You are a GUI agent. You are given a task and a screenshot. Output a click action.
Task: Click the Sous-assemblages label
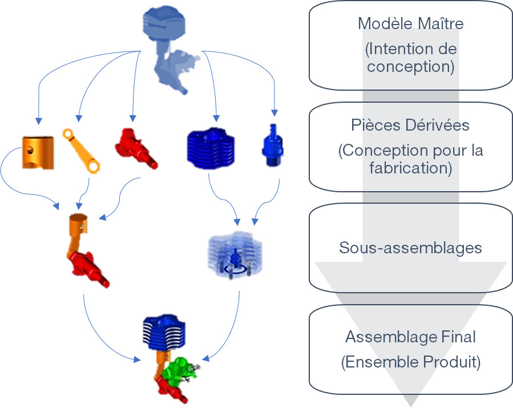(410, 248)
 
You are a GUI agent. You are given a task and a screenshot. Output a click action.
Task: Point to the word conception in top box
(410, 67)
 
